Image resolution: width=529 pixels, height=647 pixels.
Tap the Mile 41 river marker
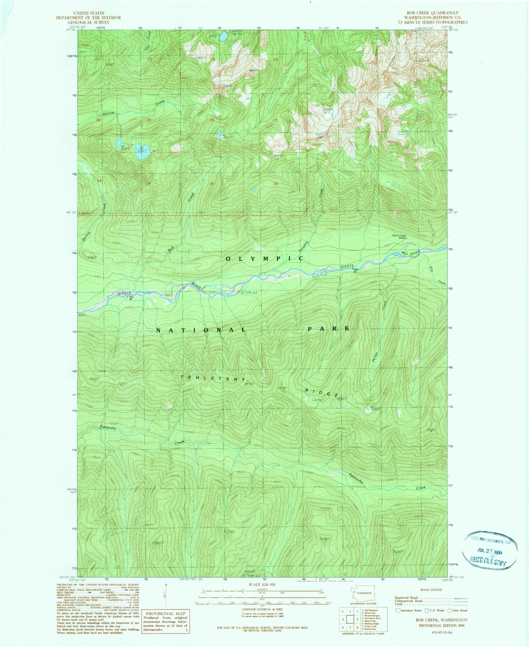[404, 253]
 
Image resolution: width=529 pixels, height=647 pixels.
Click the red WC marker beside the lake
[156, 151]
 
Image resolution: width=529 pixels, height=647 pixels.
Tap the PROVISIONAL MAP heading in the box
[166, 614]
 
